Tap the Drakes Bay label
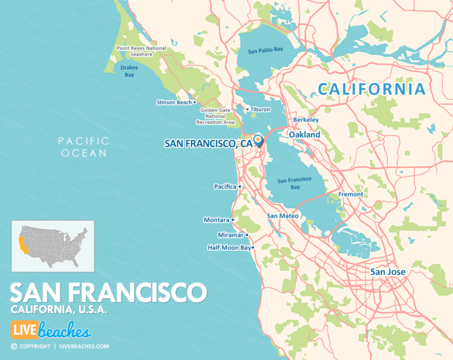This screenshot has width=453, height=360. (129, 71)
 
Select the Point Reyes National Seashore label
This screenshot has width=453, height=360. (142, 51)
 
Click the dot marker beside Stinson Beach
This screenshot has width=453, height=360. (195, 102)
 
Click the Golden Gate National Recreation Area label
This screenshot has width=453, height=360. (216, 116)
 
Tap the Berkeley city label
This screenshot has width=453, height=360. (306, 120)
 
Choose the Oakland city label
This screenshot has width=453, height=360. (304, 135)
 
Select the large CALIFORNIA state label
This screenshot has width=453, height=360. (371, 89)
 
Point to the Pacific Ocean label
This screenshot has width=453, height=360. (83, 147)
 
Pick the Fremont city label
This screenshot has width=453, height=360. (350, 194)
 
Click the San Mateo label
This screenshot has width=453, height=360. (282, 216)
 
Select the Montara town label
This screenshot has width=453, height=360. (216, 220)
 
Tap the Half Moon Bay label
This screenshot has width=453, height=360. (229, 248)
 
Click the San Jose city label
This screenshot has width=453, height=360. (388, 272)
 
